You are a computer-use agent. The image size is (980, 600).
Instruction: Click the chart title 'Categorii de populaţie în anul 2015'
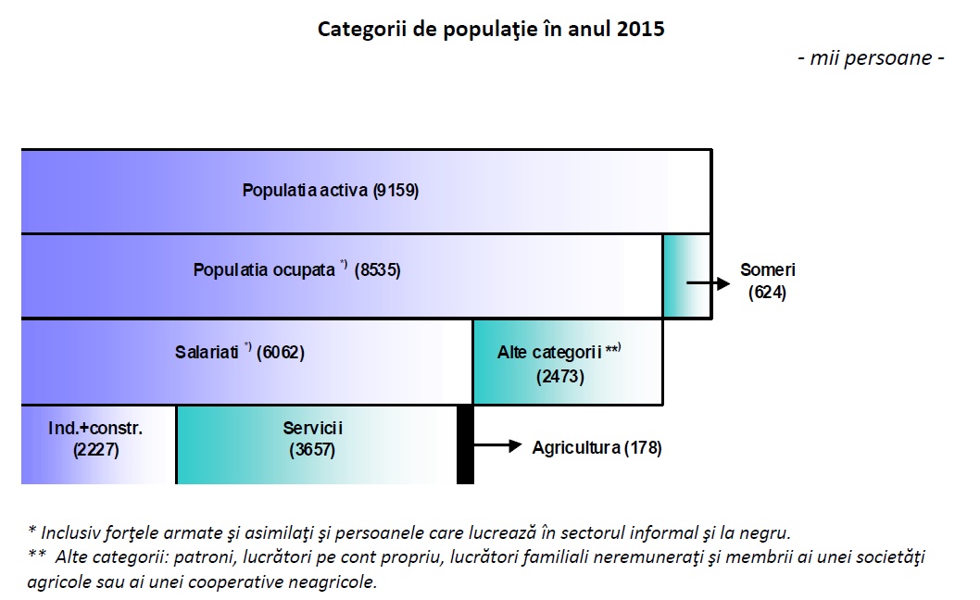pos(491,29)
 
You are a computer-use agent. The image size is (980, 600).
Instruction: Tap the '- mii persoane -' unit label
pos(870,57)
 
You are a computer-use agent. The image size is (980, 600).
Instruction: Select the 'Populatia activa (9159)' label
pos(331,191)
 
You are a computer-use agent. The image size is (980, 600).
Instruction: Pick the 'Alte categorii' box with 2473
pos(567,363)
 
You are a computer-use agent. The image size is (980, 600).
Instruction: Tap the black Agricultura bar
pos(466,444)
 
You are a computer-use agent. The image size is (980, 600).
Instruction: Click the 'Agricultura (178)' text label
pos(597,448)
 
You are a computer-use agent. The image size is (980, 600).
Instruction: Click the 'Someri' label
pos(768,270)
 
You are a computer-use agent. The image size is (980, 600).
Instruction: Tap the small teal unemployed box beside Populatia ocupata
pos(686,276)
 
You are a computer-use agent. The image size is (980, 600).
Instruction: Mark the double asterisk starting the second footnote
pos(37,557)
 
